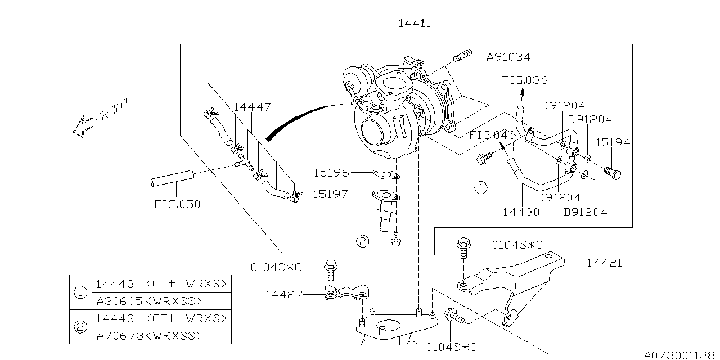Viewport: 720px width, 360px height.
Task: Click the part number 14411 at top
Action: (x=415, y=24)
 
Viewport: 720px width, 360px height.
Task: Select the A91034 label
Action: (x=508, y=57)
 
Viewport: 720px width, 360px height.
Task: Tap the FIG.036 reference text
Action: (x=524, y=80)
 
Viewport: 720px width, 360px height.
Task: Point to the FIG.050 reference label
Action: (x=177, y=204)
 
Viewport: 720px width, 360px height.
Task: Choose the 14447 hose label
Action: (x=252, y=107)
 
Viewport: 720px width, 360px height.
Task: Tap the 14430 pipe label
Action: (x=521, y=212)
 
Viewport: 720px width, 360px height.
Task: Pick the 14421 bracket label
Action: (x=604, y=263)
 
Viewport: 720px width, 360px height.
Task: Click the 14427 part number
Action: (x=285, y=294)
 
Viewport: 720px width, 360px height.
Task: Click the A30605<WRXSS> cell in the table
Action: (x=148, y=301)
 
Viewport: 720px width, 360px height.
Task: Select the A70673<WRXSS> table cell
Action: (x=148, y=336)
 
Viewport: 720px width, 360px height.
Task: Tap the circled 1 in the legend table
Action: (x=80, y=292)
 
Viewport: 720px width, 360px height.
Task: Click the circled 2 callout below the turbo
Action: (x=363, y=242)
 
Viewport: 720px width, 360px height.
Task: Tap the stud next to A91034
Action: (x=461, y=57)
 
